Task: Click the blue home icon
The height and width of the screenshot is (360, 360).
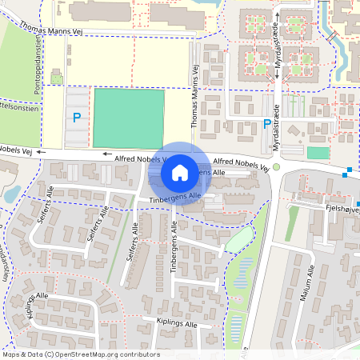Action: (x=180, y=173)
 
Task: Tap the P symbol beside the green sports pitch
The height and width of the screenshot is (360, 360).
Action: (x=77, y=117)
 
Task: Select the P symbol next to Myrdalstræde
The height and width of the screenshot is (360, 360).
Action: (x=266, y=124)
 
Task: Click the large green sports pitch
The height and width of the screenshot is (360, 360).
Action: (x=129, y=118)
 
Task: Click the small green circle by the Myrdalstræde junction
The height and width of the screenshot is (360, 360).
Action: (x=277, y=166)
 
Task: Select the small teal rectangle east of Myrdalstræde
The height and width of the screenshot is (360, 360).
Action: (x=318, y=153)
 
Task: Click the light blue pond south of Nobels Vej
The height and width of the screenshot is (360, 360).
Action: (x=13, y=194)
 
